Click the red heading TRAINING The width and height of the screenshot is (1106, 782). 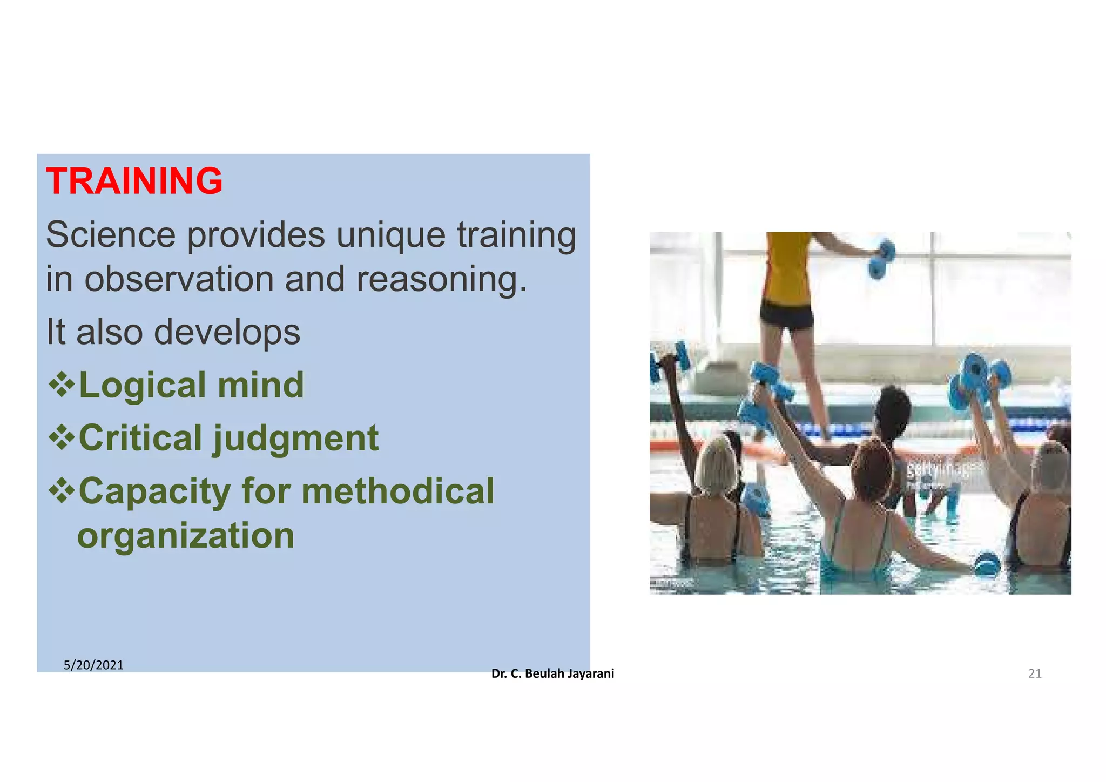click(134, 181)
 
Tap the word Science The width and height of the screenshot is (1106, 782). click(111, 235)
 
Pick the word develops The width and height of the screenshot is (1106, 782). click(227, 332)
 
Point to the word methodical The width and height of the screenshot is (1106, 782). click(397, 491)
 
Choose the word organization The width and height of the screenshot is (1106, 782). click(186, 535)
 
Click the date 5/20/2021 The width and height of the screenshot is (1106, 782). click(93, 665)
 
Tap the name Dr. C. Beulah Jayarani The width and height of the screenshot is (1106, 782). click(552, 673)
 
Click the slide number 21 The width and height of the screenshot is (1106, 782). click(1034, 673)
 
